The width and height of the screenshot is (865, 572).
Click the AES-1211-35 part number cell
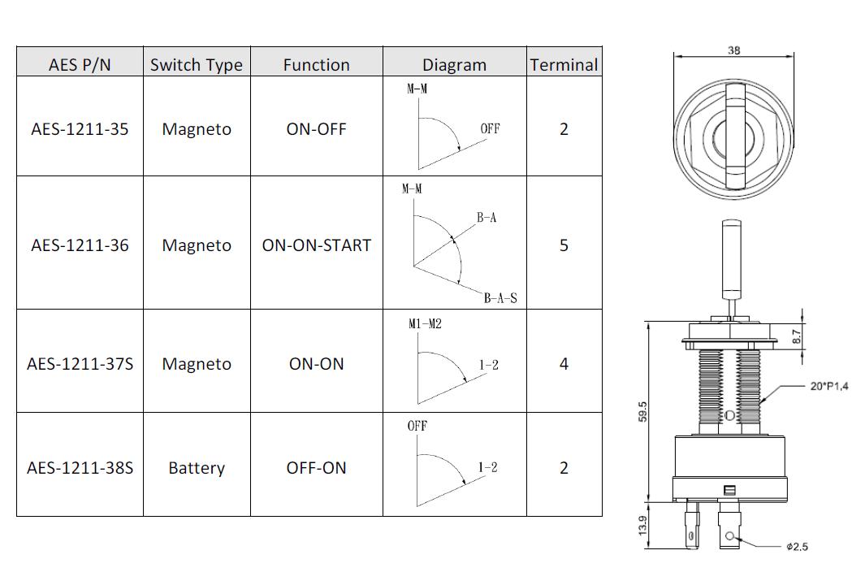(x=80, y=129)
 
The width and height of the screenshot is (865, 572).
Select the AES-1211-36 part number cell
(x=80, y=245)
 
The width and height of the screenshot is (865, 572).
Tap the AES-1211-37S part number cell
(x=80, y=364)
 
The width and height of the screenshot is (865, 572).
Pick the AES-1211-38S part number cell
(x=80, y=468)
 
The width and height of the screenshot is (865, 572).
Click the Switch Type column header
(x=197, y=65)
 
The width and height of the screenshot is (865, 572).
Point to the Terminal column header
(x=564, y=65)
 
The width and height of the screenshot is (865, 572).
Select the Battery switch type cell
(x=197, y=468)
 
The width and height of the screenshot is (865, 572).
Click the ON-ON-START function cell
(x=317, y=245)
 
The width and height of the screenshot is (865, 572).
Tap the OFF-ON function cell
(x=316, y=468)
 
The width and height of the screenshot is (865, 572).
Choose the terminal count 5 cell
(x=564, y=245)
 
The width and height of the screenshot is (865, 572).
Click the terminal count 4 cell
(x=564, y=364)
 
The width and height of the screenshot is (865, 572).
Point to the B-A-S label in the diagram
(x=500, y=298)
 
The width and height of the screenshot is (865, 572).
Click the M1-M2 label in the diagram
(x=425, y=323)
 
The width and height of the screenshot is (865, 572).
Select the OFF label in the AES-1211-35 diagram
(x=490, y=128)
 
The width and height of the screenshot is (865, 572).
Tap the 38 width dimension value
(x=733, y=50)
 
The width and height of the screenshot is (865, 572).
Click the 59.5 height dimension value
(x=642, y=412)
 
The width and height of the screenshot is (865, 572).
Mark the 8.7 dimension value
(x=796, y=336)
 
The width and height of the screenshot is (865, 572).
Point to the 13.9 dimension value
(x=642, y=525)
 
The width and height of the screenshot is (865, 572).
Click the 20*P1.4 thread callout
(x=829, y=387)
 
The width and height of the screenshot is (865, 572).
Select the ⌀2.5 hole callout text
(x=797, y=547)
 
